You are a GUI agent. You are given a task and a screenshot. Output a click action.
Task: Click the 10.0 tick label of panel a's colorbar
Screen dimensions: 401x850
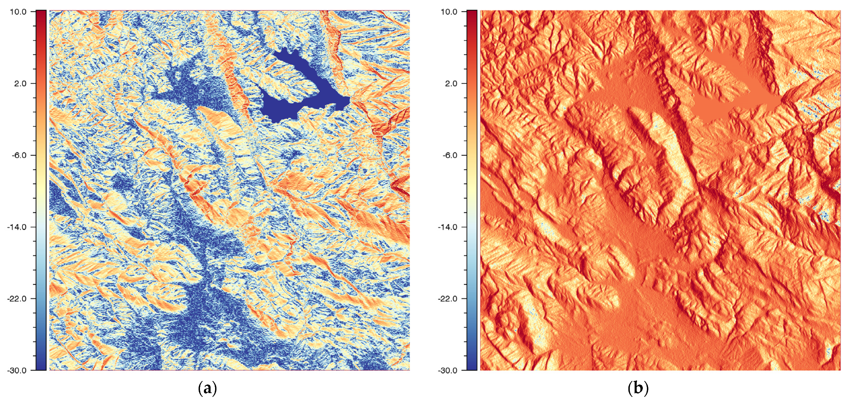(18, 12)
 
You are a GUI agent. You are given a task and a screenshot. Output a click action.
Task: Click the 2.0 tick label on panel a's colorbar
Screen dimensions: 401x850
(20, 83)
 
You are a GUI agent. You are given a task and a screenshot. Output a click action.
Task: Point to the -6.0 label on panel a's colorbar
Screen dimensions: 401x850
(19, 155)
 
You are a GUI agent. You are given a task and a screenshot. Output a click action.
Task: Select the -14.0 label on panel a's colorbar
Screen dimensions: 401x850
(17, 227)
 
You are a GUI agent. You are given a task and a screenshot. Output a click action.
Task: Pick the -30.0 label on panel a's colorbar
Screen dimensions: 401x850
(17, 370)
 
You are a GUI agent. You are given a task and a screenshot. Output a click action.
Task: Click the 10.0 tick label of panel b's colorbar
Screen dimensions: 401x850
(449, 12)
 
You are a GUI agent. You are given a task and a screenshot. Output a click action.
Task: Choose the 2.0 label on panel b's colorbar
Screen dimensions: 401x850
(451, 83)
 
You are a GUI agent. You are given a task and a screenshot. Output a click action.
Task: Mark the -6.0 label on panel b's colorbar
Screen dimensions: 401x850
(450, 155)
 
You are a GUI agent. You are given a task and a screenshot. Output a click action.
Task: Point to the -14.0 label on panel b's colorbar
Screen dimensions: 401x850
(448, 227)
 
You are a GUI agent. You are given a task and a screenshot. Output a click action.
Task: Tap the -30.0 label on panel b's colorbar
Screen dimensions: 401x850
(448, 370)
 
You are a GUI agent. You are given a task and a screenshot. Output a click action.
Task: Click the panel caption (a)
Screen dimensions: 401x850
(208, 388)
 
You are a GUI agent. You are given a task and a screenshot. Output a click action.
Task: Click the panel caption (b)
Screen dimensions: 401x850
(638, 388)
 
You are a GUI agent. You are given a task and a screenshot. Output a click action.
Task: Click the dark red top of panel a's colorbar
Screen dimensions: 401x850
(41, 15)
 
